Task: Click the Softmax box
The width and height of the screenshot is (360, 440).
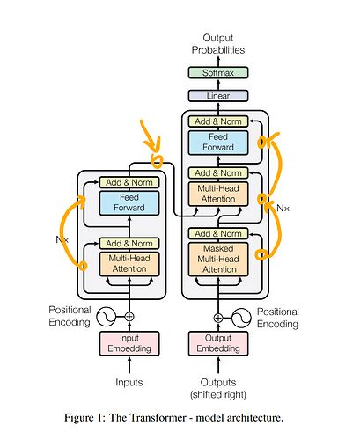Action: [x=217, y=73]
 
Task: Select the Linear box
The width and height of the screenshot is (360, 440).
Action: [x=217, y=95]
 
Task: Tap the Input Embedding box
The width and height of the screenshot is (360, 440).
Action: [x=129, y=343]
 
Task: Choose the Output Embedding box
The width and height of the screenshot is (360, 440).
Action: [x=217, y=343]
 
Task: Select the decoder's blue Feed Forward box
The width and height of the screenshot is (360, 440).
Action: [x=217, y=143]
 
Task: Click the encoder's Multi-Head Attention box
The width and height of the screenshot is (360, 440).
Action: [x=129, y=263]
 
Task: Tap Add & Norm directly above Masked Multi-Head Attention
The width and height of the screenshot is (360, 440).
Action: [x=217, y=233]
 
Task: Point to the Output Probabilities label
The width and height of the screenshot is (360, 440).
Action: [x=217, y=45]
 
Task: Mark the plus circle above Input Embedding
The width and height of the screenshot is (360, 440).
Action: [x=129, y=316]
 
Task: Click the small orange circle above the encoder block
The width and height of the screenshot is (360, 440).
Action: [x=158, y=161]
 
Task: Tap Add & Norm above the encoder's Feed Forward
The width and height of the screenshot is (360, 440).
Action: [x=129, y=181]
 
